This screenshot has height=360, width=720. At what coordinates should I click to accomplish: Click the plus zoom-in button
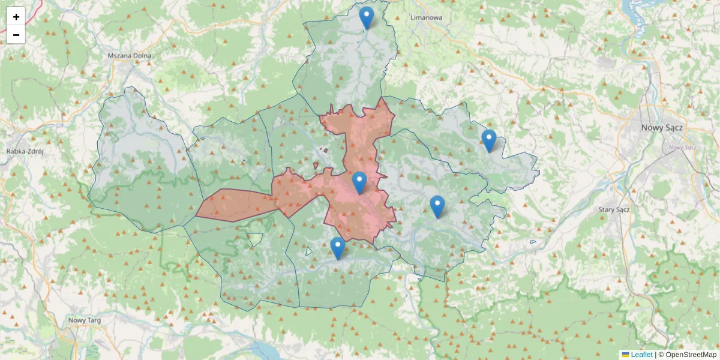click(x=16, y=17)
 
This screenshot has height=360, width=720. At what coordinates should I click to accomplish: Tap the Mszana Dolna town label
click(x=130, y=56)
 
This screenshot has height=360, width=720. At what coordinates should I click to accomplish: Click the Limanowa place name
click(x=426, y=17)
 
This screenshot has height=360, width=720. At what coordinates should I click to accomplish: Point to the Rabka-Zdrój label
click(x=25, y=151)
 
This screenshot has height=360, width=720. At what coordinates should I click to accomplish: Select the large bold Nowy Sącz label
click(x=662, y=127)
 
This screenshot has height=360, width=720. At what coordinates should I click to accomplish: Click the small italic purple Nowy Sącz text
click(x=682, y=147)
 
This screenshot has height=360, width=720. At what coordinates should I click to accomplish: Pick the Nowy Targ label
click(x=85, y=320)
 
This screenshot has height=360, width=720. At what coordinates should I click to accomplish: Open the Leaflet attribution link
click(x=641, y=355)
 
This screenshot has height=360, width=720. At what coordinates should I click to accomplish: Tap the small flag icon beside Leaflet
click(x=626, y=355)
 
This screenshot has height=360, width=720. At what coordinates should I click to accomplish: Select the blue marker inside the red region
click(x=359, y=182)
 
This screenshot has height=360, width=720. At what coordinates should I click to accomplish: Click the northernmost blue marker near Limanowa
click(x=366, y=17)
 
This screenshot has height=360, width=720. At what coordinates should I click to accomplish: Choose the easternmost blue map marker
click(x=489, y=140)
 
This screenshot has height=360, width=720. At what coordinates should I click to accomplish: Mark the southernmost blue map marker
click(x=338, y=248)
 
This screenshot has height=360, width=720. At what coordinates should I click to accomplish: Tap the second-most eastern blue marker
click(x=437, y=206)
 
